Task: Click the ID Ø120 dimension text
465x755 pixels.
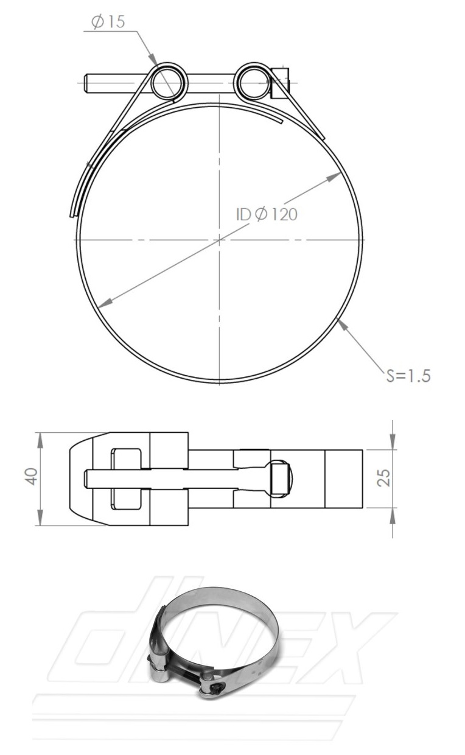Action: pyautogui.click(x=267, y=214)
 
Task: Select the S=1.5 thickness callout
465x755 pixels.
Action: pyautogui.click(x=408, y=375)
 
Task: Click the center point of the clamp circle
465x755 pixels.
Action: pyautogui.click(x=219, y=240)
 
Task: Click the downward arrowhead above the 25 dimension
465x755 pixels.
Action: pyautogui.click(x=393, y=444)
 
